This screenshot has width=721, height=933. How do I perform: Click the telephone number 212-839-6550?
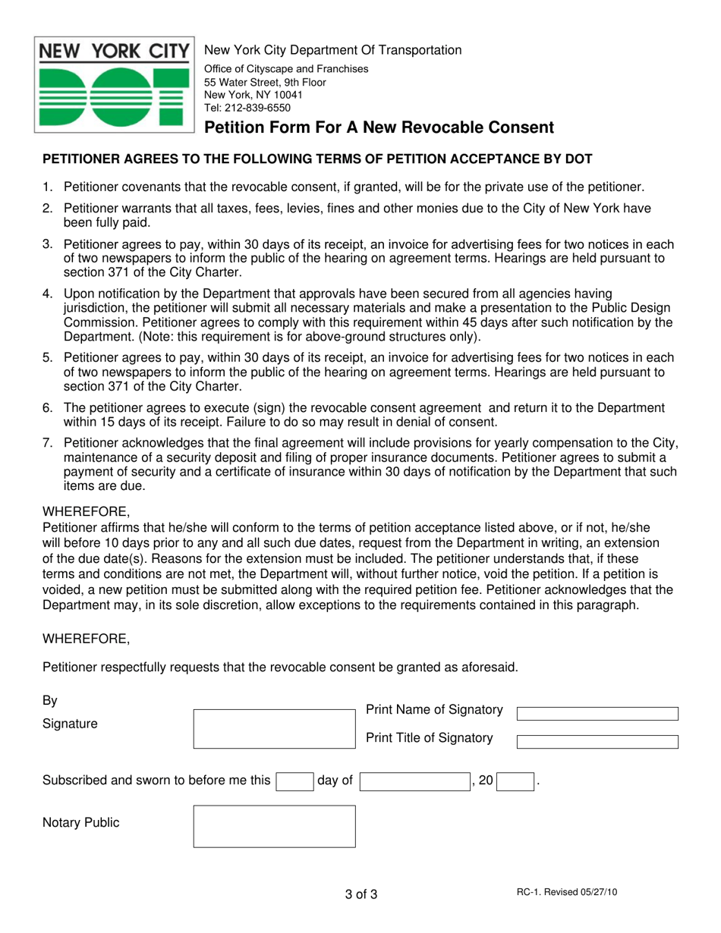(247, 108)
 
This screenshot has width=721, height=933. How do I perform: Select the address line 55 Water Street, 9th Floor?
(265, 82)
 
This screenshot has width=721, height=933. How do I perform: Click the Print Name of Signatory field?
(597, 714)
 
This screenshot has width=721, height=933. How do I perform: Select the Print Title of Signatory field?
(597, 742)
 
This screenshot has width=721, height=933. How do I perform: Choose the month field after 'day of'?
(414, 781)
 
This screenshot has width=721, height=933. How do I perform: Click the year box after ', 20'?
(515, 781)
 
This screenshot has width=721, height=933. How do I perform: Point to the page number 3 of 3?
(360, 894)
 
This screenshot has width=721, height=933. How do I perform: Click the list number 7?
(47, 443)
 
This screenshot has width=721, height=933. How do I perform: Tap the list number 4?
(47, 293)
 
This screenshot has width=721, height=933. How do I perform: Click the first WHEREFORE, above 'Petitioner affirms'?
(86, 510)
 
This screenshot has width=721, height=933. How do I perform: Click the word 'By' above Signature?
(50, 699)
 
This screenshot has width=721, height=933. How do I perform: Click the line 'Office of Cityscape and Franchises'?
(287, 69)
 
